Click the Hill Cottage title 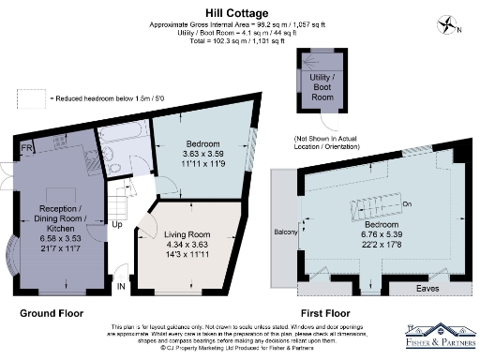pos(239,14)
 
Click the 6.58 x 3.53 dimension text pos(49,238)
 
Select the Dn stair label pos(407,203)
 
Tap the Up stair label pos(116,225)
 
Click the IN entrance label pos(119,286)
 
